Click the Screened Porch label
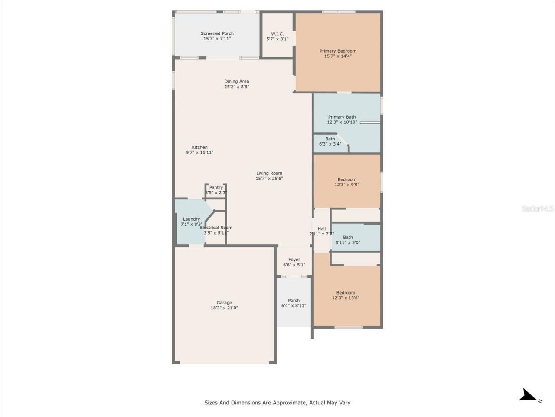[x=217, y=33]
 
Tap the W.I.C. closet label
[x=277, y=34]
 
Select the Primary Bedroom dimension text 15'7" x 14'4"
[x=338, y=56]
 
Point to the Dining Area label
[x=236, y=81]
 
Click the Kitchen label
[x=199, y=147]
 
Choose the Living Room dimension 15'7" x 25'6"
[x=269, y=179]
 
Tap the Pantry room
[x=216, y=190]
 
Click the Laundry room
[x=191, y=222]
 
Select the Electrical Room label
[x=216, y=228]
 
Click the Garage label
[x=224, y=303]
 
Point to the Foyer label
[x=294, y=260]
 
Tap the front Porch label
[x=294, y=300]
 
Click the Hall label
[x=321, y=229]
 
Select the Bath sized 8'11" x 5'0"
[x=348, y=240]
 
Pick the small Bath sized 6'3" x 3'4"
[x=330, y=141]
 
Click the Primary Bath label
[x=342, y=117]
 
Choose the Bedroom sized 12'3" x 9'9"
[x=347, y=182]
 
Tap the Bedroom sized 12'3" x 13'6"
[x=346, y=295]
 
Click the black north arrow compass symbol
[x=528, y=395]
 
